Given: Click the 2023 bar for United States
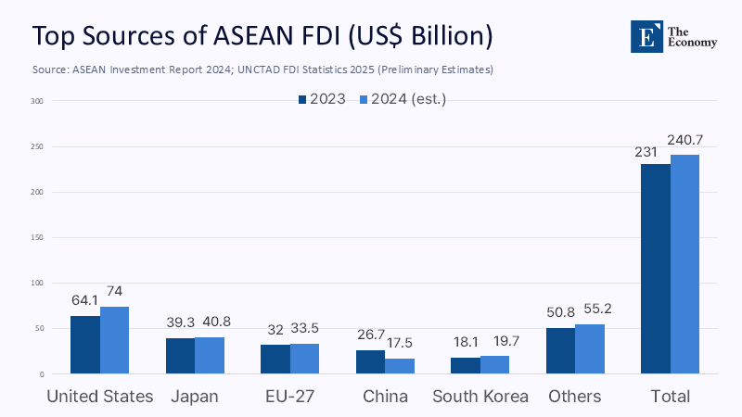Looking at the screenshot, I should (x=85, y=345).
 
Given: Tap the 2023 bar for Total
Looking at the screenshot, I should (x=656, y=269).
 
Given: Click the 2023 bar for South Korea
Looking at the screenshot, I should (x=466, y=365).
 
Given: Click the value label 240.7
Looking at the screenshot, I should (x=684, y=140).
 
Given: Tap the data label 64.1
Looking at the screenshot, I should (x=85, y=300).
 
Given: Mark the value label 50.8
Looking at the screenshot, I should (x=561, y=312).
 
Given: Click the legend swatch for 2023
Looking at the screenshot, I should (x=302, y=99).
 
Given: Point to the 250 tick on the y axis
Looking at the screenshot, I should (x=36, y=146).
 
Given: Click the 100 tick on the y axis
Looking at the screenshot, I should (x=36, y=284).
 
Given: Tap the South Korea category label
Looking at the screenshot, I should (x=480, y=397).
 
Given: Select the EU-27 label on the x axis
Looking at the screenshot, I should (x=290, y=397).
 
